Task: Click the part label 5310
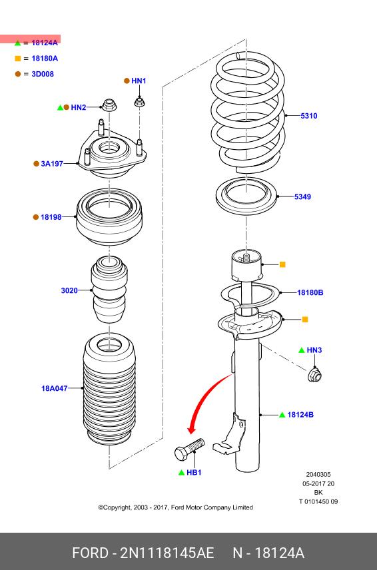[x=308, y=116]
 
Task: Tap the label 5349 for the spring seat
[x=302, y=197]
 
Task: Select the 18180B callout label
[x=310, y=292]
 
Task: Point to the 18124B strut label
[x=300, y=415]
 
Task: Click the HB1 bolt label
[x=194, y=473]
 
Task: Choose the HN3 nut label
[x=314, y=350]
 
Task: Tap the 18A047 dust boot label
[x=55, y=389]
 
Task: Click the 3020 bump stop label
[x=69, y=291]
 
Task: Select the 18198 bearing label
[x=51, y=217]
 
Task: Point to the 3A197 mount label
[x=52, y=164]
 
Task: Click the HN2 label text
[x=79, y=108]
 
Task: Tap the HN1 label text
[x=139, y=81]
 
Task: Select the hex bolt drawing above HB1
[x=189, y=449]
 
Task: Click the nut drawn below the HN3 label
[x=314, y=374]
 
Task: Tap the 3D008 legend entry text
[x=43, y=74]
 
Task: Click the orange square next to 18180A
[x=18, y=59]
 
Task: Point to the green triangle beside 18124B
[x=282, y=415]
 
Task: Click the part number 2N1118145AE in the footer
[x=167, y=553]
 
